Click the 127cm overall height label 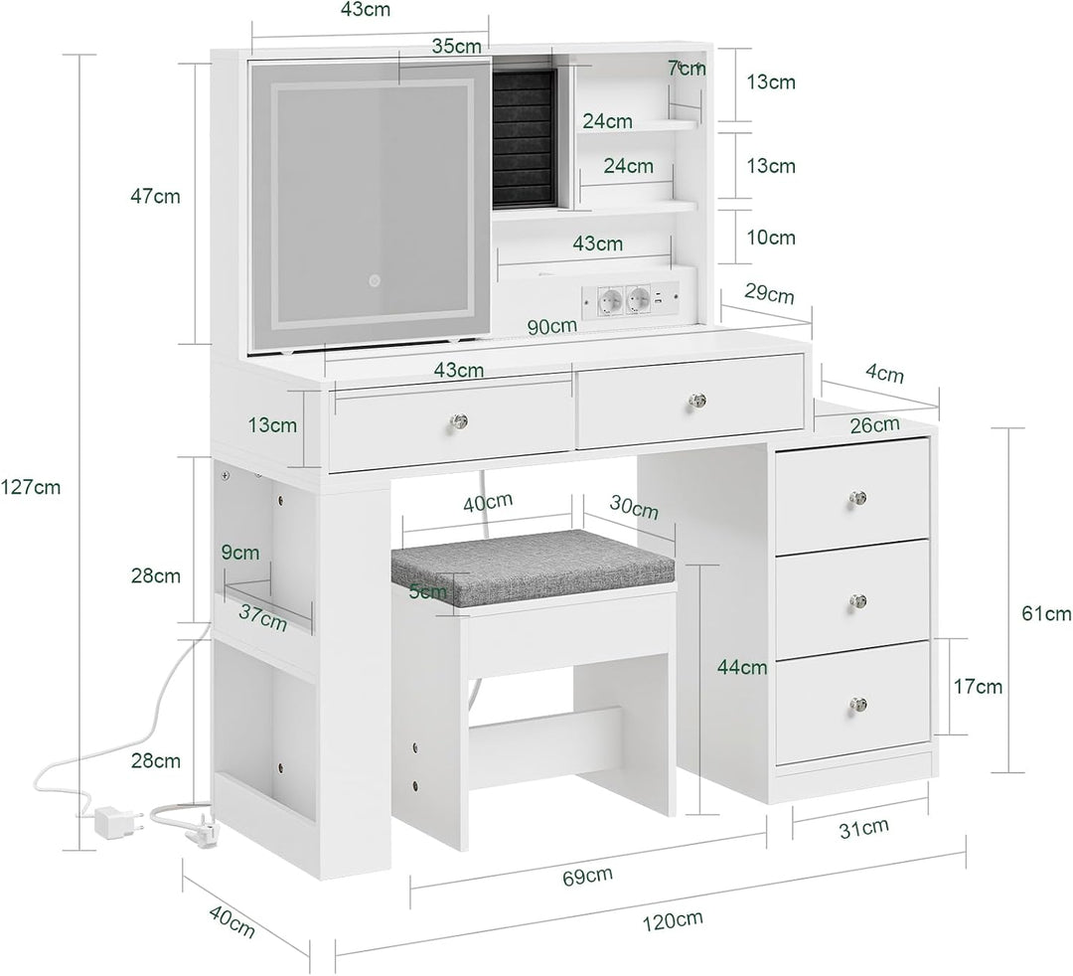tap(30, 487)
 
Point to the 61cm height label tap(1046, 614)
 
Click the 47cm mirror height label tap(155, 197)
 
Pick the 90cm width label tap(551, 326)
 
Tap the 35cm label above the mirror tap(456, 47)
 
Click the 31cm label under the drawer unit tap(863, 828)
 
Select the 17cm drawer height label tap(978, 686)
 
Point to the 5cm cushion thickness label tap(427, 591)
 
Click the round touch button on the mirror tap(375, 280)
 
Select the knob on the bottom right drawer tap(858, 704)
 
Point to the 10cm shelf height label tap(771, 238)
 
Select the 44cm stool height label tap(742, 666)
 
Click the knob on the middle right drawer tap(858, 601)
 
